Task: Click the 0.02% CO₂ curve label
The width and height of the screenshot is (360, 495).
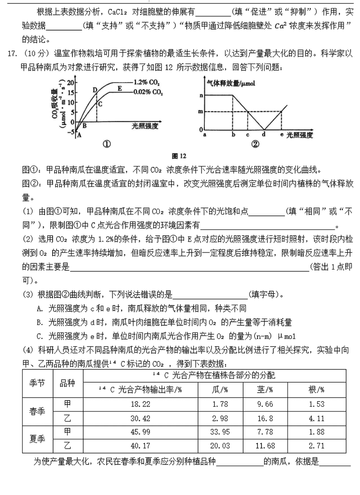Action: (x=148, y=92)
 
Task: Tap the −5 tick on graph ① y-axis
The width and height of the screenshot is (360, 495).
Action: (x=70, y=132)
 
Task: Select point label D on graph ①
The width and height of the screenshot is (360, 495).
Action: (x=95, y=90)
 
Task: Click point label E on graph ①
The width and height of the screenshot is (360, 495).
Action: (x=120, y=88)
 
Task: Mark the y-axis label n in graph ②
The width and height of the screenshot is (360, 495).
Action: (x=201, y=95)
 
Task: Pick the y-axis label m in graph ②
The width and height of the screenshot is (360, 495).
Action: (x=201, y=112)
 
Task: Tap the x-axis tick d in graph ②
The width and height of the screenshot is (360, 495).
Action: (x=264, y=134)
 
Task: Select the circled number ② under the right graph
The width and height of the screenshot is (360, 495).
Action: (x=255, y=144)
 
